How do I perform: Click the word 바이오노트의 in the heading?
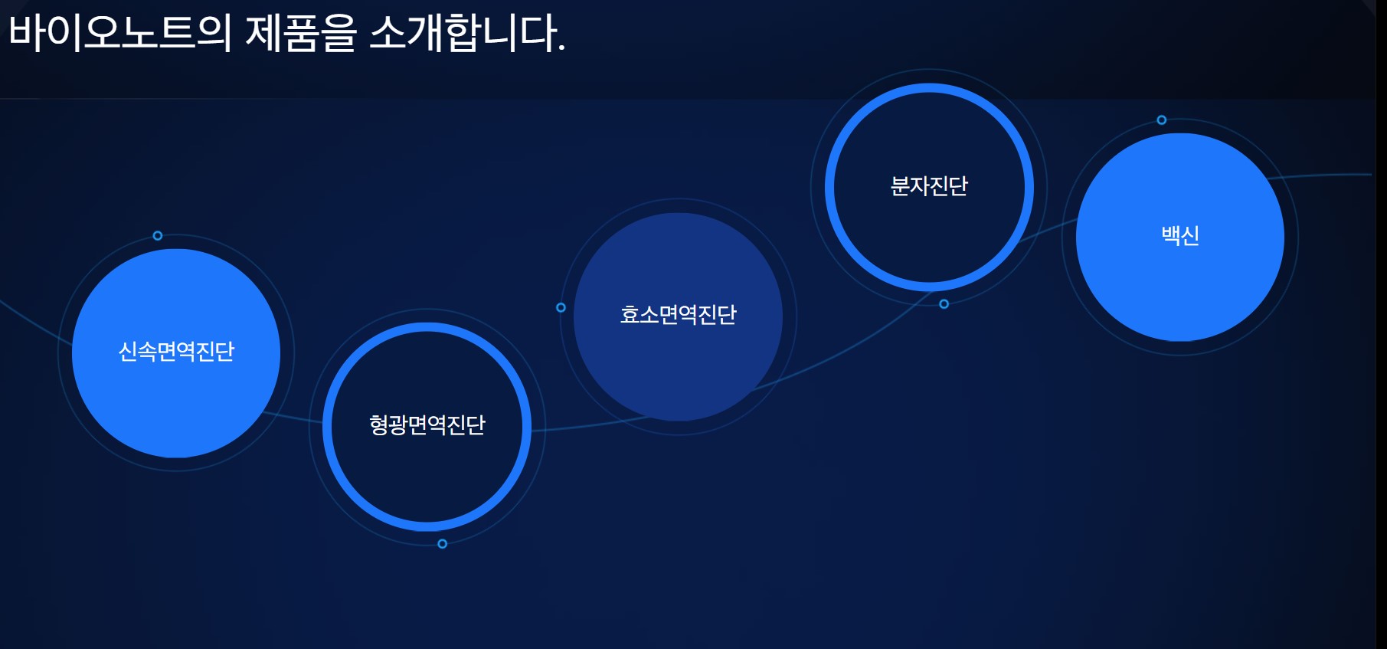click(119, 34)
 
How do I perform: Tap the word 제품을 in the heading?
click(301, 34)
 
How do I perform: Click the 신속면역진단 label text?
click(176, 352)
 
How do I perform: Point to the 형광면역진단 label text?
click(427, 425)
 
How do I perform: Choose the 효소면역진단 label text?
click(679, 315)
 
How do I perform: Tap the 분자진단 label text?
click(929, 186)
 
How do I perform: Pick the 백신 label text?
click(1180, 235)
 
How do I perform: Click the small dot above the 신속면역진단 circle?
click(158, 235)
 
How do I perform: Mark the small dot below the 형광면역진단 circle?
click(442, 544)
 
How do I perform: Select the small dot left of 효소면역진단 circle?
click(561, 307)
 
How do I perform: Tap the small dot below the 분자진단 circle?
click(944, 304)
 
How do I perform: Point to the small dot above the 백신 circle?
click(1162, 120)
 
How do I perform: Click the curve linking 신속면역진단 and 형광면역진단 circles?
click(293, 418)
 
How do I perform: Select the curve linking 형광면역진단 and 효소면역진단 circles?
click(590, 425)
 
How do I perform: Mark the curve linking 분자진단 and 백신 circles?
click(1048, 229)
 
